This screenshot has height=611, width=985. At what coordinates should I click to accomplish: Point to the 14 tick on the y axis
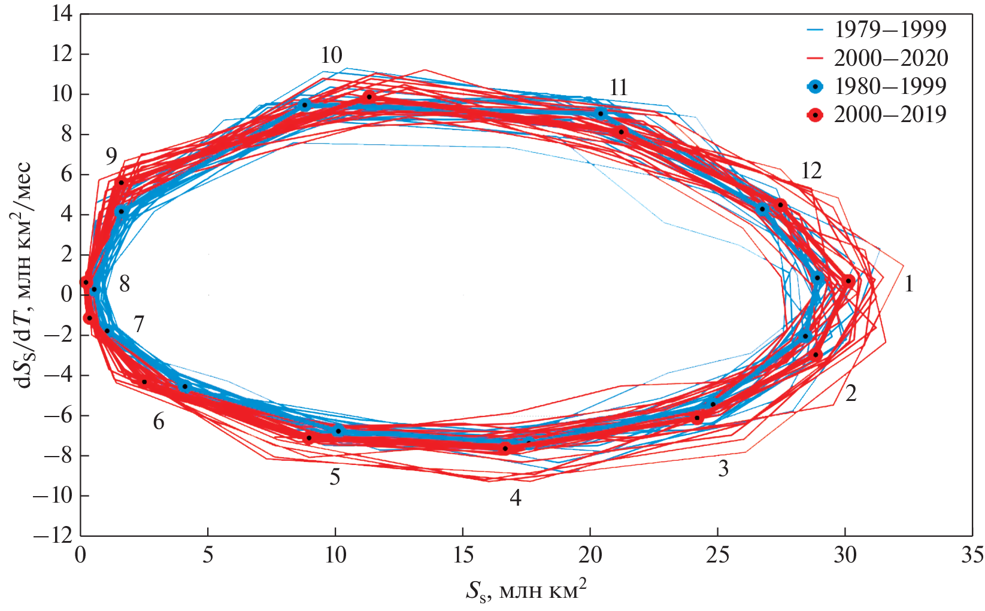point(60,14)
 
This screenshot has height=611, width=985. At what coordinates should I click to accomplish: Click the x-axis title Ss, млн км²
point(526,590)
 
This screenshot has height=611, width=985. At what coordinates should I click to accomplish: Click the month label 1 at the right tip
point(908,284)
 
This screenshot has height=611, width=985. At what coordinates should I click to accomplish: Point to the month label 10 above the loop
point(331,55)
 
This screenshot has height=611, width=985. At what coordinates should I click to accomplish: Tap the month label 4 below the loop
point(515,498)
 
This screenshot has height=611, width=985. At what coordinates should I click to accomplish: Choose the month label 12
point(811,171)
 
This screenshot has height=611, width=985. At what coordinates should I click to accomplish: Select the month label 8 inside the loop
point(125,284)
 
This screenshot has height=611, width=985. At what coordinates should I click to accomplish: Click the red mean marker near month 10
point(369,97)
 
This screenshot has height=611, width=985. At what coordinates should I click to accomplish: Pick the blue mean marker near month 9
point(121,211)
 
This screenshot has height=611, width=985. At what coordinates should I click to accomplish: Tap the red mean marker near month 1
point(848,281)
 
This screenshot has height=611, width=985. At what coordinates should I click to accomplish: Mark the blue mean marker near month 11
point(601,113)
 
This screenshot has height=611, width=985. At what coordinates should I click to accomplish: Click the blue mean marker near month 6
point(184,387)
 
